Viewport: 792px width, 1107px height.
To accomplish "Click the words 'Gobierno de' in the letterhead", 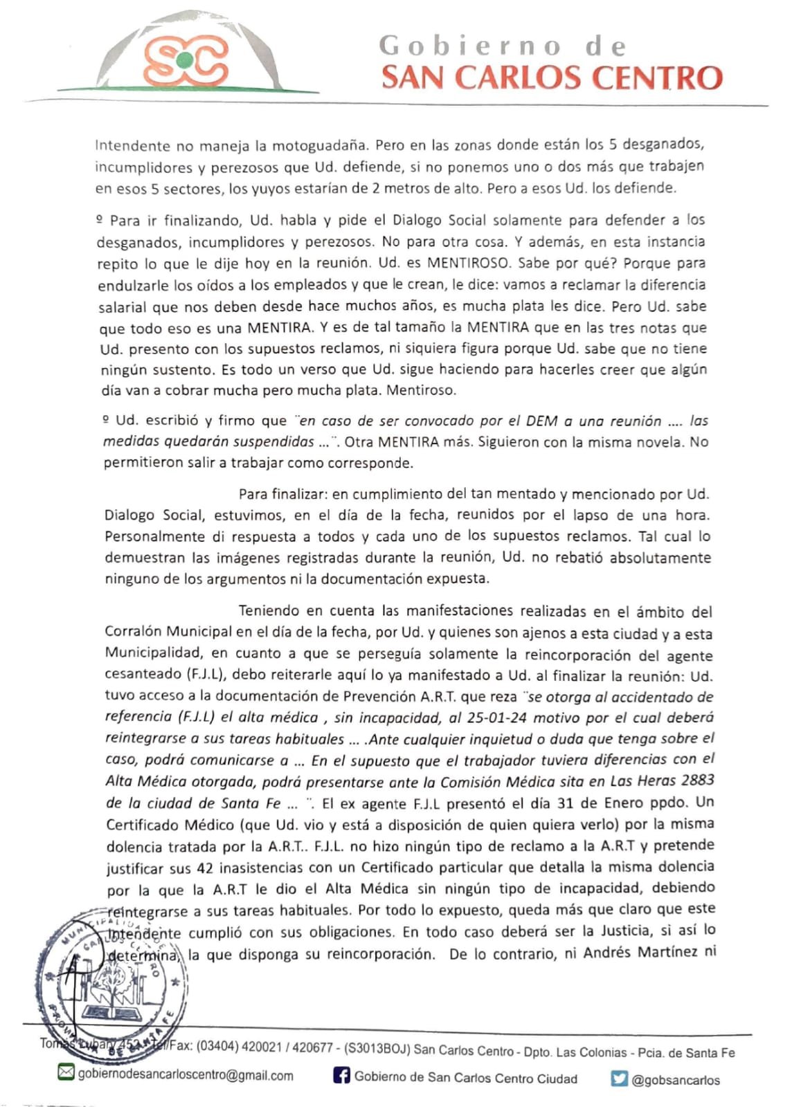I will pos(503,46).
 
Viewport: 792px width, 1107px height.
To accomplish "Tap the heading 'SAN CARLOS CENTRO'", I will pos(552,77).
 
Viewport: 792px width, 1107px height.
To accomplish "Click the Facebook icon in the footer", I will pos(341,1077).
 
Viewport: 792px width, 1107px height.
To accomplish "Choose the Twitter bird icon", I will pos(619,1079).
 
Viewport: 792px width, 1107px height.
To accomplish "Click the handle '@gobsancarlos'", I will pos(676,1080).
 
